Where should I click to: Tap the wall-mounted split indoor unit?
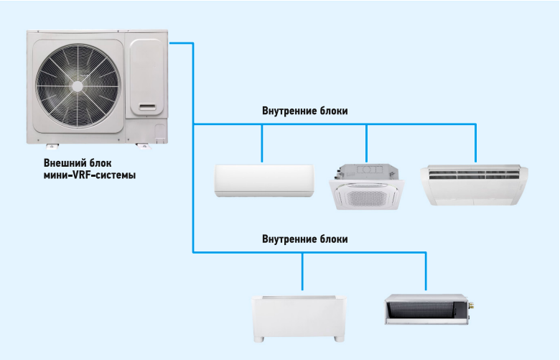[x=264, y=180]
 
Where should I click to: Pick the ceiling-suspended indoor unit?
[x=475, y=185]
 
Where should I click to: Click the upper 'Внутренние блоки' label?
[x=305, y=111]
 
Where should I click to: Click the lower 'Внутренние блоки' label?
[x=305, y=239]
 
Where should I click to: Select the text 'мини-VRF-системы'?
[x=89, y=175]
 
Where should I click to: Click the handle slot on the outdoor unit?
[x=151, y=108]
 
